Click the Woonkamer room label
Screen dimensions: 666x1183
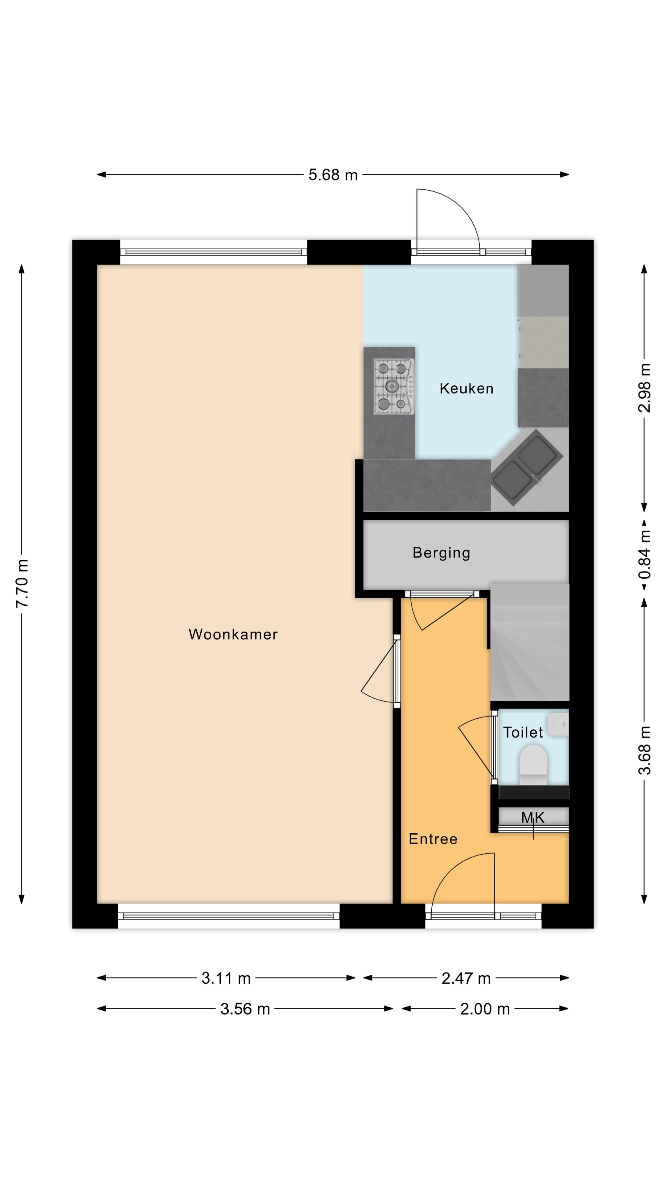pyautogui.click(x=233, y=634)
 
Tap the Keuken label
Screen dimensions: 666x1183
pyautogui.click(x=467, y=388)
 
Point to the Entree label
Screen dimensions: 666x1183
pyautogui.click(x=433, y=839)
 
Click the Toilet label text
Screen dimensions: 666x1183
pyautogui.click(x=523, y=732)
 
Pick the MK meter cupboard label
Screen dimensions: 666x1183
pyautogui.click(x=533, y=817)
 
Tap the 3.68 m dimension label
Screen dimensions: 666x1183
pyautogui.click(x=645, y=750)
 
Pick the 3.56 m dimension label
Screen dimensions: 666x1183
pyautogui.click(x=245, y=1009)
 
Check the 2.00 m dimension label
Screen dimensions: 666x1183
pyautogui.click(x=485, y=1009)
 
